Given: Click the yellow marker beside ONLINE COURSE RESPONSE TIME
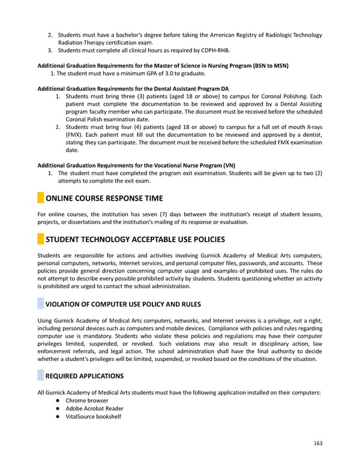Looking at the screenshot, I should pos(40,198).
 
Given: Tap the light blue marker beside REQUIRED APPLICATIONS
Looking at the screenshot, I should pos(40,376).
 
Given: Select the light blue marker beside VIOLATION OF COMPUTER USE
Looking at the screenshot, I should pos(40,304).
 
